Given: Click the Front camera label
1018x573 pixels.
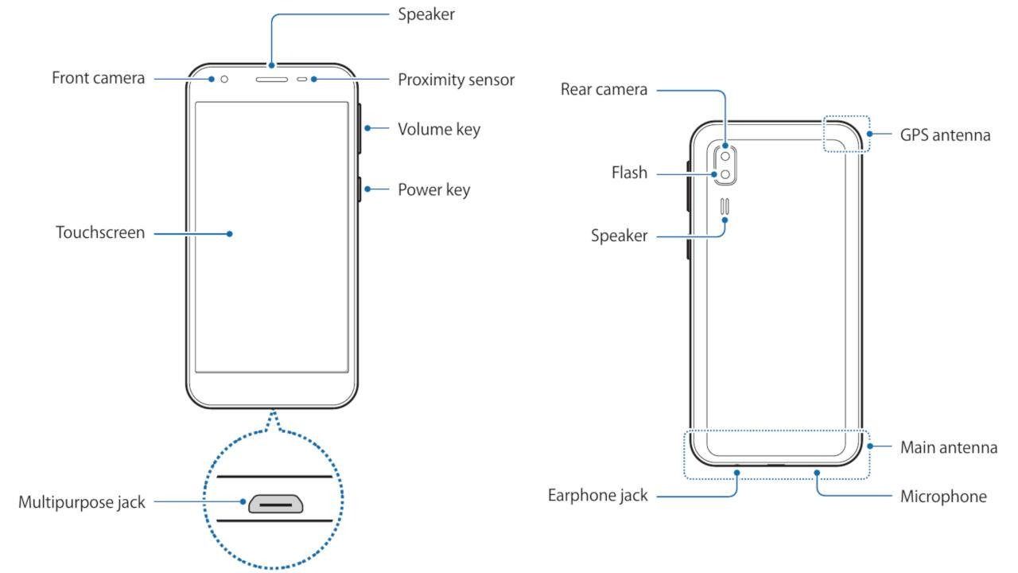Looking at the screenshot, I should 99,78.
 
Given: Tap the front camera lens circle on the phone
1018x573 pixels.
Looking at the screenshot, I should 225,79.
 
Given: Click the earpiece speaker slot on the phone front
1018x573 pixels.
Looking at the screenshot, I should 270,80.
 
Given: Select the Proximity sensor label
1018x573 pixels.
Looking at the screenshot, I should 456,80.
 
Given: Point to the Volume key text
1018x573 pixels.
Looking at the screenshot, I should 439,129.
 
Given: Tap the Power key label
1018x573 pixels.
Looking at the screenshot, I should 433,189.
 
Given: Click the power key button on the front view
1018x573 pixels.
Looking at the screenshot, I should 360,190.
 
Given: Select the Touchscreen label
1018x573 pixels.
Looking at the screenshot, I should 100,233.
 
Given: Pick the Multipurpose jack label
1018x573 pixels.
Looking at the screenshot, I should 82,502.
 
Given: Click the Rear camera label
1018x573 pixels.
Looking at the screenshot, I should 604,89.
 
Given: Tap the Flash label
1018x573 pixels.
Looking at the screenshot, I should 629,173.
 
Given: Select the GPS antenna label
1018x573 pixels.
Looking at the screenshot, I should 945,134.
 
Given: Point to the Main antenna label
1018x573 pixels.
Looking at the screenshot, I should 948,447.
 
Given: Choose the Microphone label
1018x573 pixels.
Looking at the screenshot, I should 943,497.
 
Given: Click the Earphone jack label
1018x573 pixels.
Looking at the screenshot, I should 597,496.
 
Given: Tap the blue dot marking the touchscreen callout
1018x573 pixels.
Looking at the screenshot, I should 229,234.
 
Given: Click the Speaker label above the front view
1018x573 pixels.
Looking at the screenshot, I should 426,14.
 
